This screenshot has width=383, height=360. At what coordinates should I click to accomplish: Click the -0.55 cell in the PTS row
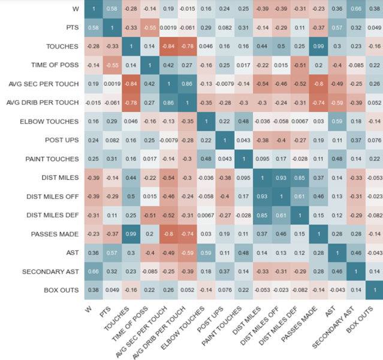(x=149, y=28)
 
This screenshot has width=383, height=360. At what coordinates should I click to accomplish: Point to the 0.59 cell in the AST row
(x=205, y=253)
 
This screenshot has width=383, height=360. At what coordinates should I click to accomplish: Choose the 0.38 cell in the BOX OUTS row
(x=94, y=291)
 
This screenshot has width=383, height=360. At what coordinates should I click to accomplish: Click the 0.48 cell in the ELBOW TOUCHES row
(x=242, y=121)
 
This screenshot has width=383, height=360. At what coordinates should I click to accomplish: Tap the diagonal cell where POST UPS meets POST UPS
(x=224, y=140)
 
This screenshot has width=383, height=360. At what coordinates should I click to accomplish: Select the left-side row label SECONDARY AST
(x=52, y=271)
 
